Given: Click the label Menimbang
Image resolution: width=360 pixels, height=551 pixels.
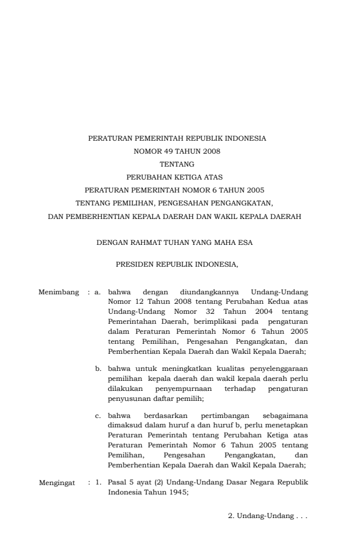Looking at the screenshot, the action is coord(58,291).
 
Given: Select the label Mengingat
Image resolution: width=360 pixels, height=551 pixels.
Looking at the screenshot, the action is coord(58,482).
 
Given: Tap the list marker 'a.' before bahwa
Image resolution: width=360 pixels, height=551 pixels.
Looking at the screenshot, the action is coord(98,291).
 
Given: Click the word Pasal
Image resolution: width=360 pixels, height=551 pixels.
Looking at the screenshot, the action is coord(118,482).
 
